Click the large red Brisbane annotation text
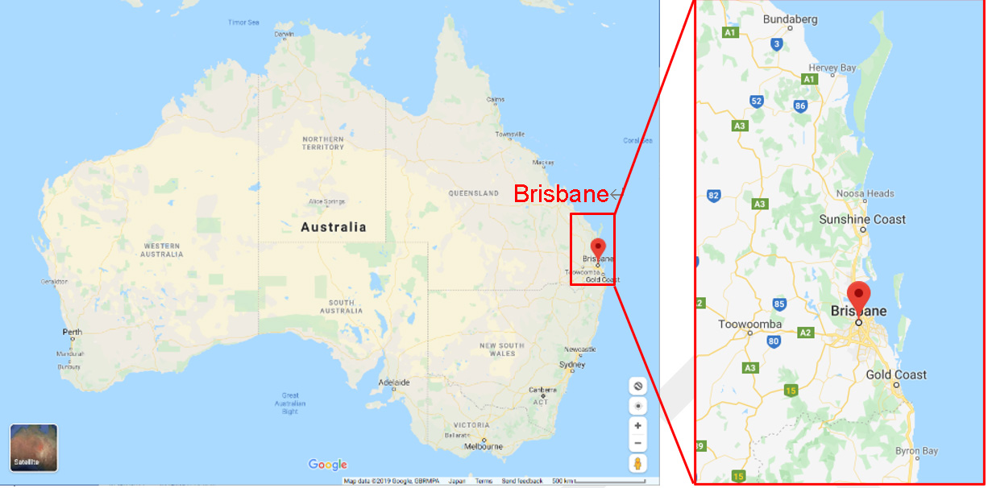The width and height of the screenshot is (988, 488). (x=561, y=194)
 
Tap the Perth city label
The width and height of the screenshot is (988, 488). (x=73, y=332)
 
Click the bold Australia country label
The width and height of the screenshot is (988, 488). (x=333, y=227)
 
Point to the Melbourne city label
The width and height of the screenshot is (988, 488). (x=484, y=446)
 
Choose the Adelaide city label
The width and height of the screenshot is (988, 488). (x=395, y=382)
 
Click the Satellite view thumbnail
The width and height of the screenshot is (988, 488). (x=33, y=447)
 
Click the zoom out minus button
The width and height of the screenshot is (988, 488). (x=637, y=443)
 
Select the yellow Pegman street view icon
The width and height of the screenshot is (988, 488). (x=637, y=463)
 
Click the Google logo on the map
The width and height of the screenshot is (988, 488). (x=327, y=465)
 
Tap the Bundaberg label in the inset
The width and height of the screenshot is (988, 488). (x=790, y=19)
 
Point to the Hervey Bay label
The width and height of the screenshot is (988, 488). (x=832, y=68)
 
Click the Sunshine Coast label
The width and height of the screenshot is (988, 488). (x=862, y=219)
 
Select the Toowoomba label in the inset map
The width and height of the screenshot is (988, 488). (x=750, y=325)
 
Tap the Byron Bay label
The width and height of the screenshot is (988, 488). (x=916, y=451)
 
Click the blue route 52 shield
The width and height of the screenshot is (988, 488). (x=757, y=101)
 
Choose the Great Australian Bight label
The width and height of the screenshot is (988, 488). (x=291, y=403)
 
